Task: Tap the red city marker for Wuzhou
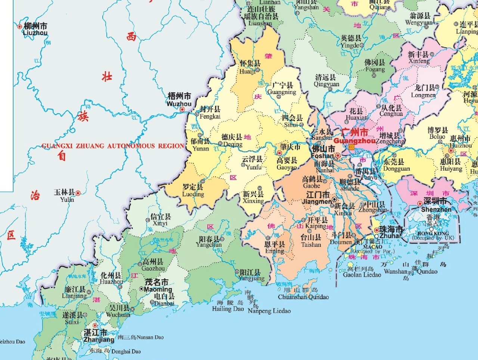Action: [182, 109]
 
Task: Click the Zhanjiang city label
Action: [99, 336]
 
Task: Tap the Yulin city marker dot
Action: [78, 193]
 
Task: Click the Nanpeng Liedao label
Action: [269, 311]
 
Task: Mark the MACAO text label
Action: [372, 247]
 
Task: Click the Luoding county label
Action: [193, 190]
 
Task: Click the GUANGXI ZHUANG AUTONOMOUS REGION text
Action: [113, 146]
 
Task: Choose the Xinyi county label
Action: [160, 220]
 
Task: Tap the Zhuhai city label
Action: [391, 232]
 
